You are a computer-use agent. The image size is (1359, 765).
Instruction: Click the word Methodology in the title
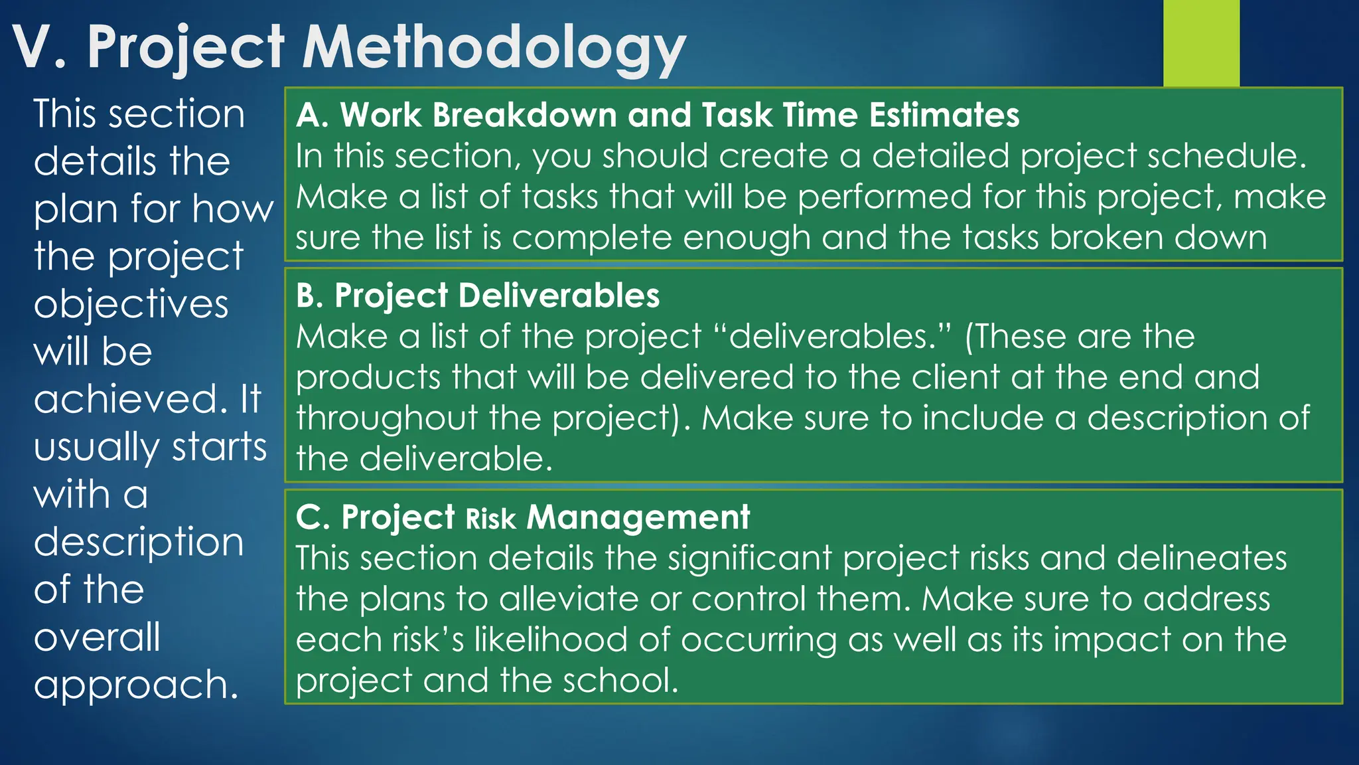point(494,48)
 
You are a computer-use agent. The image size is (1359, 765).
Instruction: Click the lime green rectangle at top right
point(1201,43)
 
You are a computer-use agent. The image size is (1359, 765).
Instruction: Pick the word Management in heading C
point(638,517)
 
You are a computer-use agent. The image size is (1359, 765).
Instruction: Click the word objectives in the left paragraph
point(131,305)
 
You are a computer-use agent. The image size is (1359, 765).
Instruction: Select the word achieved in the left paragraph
point(126,399)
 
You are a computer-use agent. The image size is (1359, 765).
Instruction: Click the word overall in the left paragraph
point(97,637)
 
